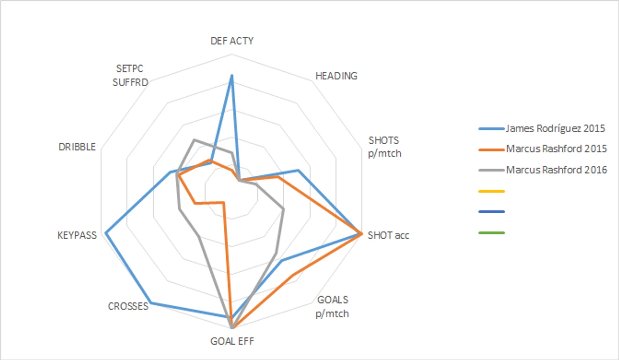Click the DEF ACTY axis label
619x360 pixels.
pos(232,41)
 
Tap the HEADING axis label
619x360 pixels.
pos(336,76)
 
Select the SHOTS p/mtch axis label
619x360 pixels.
pos(384,147)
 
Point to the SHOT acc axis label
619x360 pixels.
pos(388,235)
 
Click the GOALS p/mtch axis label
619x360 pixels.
pos(332,307)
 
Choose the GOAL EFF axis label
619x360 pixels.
pos(232,341)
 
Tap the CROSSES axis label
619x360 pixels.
pos(128,306)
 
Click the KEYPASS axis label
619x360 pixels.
pos(77,235)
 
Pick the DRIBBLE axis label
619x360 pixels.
pos(77,147)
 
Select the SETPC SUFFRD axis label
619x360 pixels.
pos(130,75)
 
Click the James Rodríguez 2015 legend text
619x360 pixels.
pos(555,128)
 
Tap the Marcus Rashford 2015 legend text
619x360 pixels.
pos(556,149)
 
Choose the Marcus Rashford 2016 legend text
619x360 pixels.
pos(556,170)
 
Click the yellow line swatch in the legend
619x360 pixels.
pos(491,191)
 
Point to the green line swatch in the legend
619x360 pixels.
pos(491,233)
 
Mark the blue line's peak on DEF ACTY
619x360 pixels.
pos(231,75)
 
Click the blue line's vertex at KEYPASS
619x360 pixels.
pos(106,232)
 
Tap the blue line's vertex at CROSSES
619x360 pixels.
pos(151,303)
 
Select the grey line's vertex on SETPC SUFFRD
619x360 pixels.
pos(194,140)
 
